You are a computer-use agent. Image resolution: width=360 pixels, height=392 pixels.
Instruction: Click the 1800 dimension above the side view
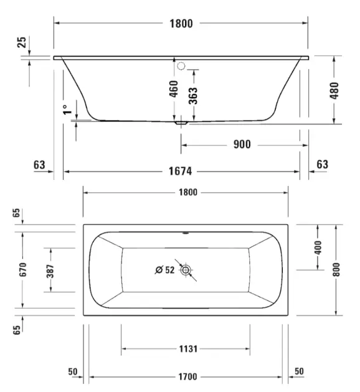(181, 24)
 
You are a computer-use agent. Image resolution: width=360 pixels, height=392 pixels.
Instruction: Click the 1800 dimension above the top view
(188, 192)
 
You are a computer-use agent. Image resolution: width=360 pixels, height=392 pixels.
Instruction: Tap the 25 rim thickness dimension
(22, 42)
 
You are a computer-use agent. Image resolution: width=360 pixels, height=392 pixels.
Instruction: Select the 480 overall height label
(334, 90)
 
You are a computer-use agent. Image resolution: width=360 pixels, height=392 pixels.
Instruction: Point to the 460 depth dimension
(174, 88)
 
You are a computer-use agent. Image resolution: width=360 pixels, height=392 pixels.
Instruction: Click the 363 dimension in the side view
(193, 95)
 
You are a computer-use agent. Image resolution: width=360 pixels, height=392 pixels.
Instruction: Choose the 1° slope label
(67, 110)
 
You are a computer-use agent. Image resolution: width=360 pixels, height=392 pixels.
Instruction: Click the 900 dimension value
(242, 144)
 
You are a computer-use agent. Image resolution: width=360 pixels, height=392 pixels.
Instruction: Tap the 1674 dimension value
(180, 171)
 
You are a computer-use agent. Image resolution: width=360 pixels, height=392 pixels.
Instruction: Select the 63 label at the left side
(39, 165)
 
